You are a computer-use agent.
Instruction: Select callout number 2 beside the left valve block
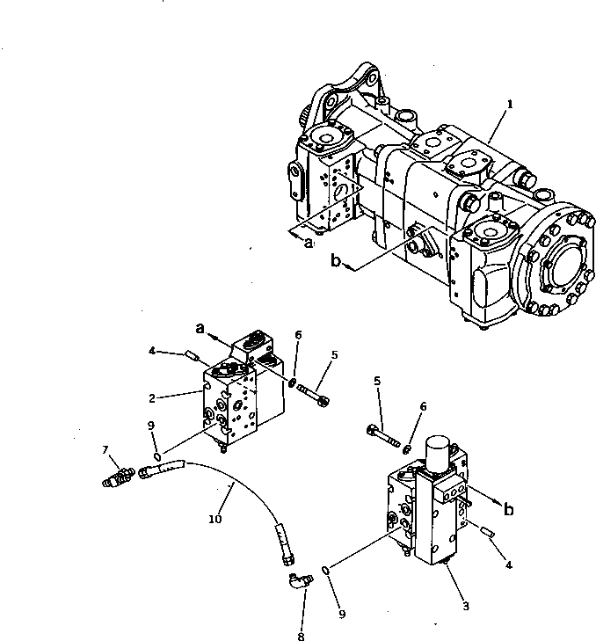click(152, 397)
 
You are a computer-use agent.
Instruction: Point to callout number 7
click(105, 450)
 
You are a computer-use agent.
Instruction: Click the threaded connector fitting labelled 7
click(119, 477)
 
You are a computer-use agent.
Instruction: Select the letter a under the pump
click(309, 244)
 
